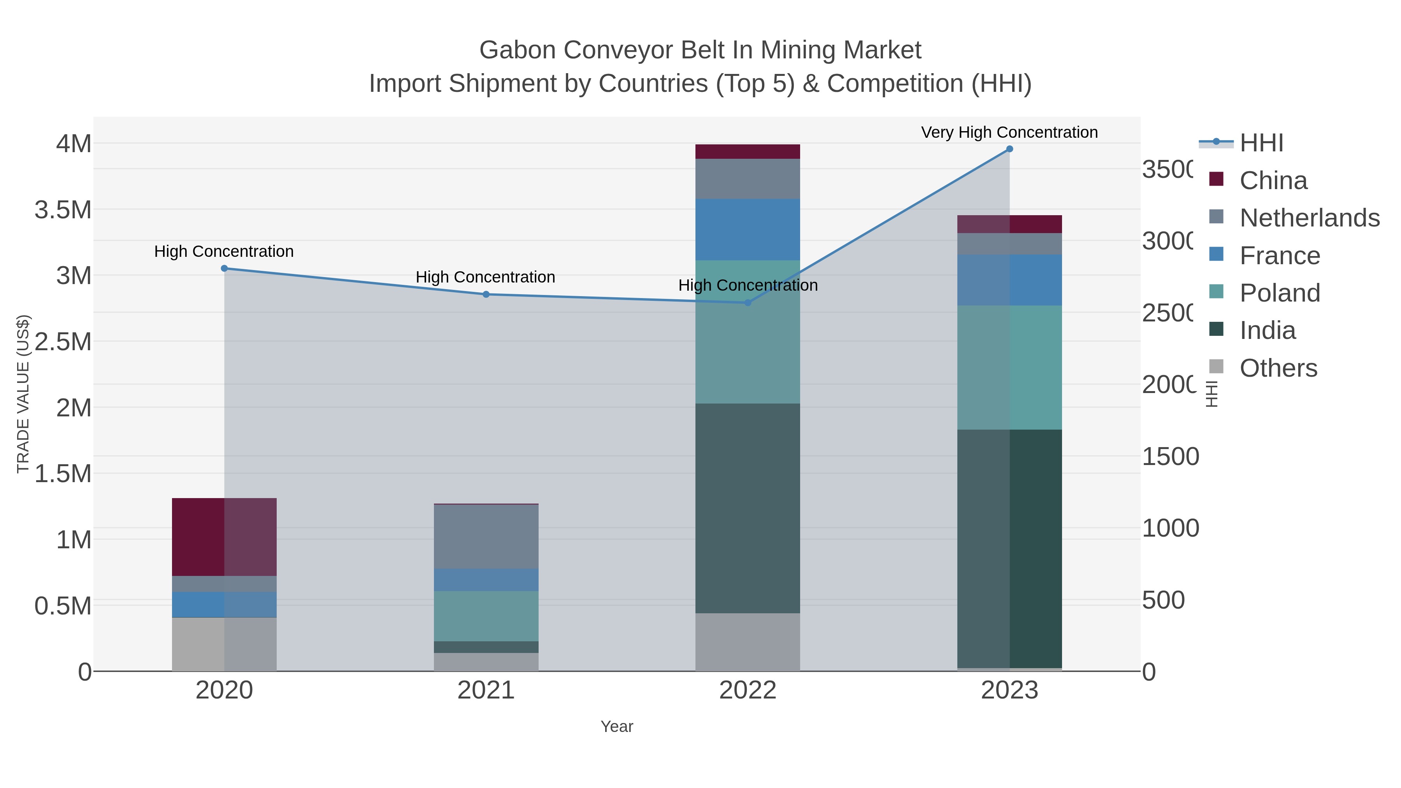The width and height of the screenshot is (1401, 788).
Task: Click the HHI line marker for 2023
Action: point(1009,149)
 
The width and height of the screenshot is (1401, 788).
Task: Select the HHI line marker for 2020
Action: point(224,268)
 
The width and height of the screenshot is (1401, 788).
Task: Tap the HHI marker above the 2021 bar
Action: point(486,294)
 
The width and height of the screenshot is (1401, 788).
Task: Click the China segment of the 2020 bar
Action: point(224,536)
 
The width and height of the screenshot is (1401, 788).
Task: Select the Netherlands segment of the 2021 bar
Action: point(486,536)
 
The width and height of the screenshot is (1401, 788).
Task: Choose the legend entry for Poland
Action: point(1279,293)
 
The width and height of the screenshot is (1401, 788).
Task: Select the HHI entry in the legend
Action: point(1261,143)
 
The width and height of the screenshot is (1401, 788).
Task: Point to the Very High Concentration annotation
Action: point(1009,132)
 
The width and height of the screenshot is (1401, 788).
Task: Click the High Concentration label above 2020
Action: point(224,251)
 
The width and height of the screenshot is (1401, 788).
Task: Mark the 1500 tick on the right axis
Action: point(1170,456)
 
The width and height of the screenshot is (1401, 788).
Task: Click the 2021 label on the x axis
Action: point(486,690)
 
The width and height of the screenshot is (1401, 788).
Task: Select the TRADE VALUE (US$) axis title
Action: point(23,394)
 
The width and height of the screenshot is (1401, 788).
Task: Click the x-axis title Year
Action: point(617,726)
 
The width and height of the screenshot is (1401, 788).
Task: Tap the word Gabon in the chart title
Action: point(517,50)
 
